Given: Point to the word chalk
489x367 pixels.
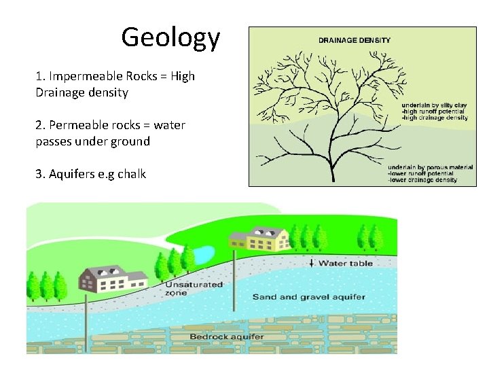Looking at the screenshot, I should point(132,174).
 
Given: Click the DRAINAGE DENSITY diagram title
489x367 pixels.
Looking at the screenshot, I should point(355,40).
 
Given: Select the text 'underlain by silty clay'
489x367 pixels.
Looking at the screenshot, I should point(433,105).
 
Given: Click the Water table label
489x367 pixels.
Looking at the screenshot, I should point(346,263).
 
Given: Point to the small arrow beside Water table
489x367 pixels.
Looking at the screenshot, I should point(312,263).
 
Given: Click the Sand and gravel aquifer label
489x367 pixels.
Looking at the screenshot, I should point(309,296).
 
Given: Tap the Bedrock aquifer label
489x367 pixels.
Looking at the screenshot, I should point(227,336).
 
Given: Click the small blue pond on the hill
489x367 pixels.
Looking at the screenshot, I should point(202,255).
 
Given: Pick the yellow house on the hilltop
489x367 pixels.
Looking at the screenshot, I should point(261,239).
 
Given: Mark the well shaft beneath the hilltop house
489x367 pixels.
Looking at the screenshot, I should point(234,285).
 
